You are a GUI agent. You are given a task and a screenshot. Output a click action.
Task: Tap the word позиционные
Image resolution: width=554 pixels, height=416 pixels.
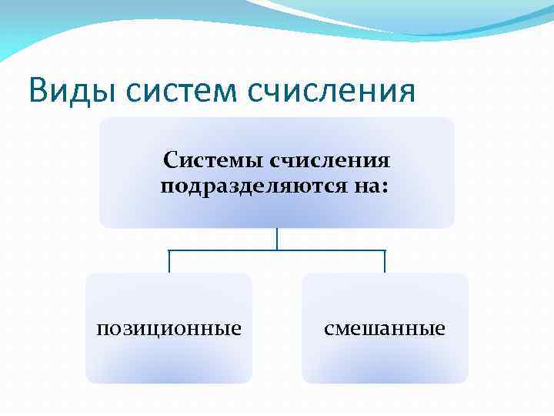click(169, 329)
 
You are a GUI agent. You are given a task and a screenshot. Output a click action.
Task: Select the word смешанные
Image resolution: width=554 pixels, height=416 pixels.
click(385, 329)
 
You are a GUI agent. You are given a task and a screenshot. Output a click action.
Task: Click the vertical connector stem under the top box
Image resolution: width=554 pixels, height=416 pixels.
click(277, 239)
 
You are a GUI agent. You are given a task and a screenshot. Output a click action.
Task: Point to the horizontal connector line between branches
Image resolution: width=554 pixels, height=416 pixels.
click(231, 250)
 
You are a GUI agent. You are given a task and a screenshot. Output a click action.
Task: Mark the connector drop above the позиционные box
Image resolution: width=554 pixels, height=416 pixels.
click(169, 262)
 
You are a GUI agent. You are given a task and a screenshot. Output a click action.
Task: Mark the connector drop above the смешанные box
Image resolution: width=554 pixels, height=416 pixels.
click(385, 262)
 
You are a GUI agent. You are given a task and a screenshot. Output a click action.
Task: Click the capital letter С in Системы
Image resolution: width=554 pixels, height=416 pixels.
click(170, 163)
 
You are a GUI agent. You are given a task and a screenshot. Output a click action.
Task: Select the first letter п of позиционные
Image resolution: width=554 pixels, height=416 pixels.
click(102, 330)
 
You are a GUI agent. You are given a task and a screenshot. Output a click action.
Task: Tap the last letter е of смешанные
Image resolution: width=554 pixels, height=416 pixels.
click(440, 330)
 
